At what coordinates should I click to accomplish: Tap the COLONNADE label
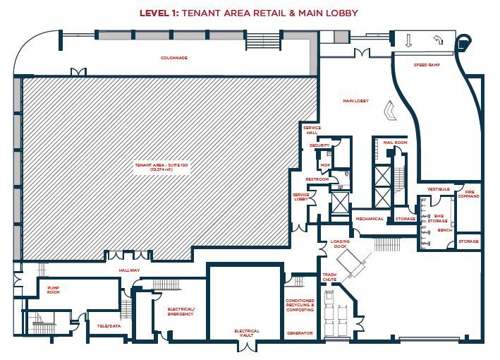pos(173,58)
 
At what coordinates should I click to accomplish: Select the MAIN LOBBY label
pos(355,101)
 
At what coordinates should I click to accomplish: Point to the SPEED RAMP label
pos(427,64)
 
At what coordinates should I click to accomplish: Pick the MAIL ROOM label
pos(395,143)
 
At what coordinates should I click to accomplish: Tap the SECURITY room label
pos(319,145)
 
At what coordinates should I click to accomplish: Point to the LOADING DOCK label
pos(340,244)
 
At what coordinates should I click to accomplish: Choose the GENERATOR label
pos(299,332)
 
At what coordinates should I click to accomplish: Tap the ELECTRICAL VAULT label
pos(247,333)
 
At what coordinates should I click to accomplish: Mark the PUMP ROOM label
pos(53,290)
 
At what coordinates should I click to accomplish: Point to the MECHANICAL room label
pos(370,219)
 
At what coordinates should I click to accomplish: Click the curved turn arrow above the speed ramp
pos(439,40)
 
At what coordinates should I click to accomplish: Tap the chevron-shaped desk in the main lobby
pos(389,111)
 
